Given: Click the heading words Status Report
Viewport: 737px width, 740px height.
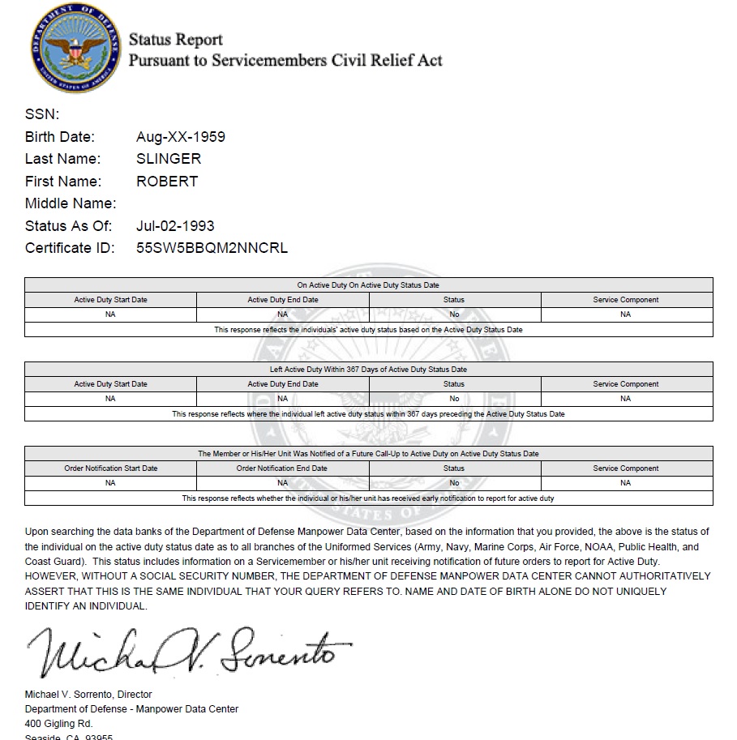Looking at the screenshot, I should coord(176,40).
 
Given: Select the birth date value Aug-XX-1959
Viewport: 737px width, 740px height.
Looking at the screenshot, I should coord(181,137).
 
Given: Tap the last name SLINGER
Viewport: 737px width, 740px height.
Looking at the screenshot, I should coord(169,159).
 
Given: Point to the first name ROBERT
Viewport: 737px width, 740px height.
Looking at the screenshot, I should coord(167,182).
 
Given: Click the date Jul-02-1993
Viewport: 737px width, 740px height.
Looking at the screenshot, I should coord(175,226).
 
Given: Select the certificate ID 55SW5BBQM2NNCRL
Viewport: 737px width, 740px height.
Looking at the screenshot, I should coord(212,248).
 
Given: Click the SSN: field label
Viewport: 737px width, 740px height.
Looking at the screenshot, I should coord(42,114).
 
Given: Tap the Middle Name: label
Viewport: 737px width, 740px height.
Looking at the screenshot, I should coord(71,203).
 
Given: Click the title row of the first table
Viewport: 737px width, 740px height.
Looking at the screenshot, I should coord(368,285).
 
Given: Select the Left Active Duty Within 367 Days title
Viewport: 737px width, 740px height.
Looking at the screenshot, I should coord(368,370).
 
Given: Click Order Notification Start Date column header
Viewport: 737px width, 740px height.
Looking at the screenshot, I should coord(111,468).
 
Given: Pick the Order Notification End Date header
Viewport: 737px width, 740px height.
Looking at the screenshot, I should coord(282,468).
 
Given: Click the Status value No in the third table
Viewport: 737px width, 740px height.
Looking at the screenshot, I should coord(454,483).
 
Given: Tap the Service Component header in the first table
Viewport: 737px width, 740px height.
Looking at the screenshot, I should coord(626,300).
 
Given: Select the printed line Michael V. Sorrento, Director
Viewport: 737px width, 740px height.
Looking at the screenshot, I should coord(88,695).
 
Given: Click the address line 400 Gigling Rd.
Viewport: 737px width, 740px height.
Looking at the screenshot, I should coord(59,724).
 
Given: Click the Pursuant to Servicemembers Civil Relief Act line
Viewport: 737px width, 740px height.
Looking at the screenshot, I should coord(285,61).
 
